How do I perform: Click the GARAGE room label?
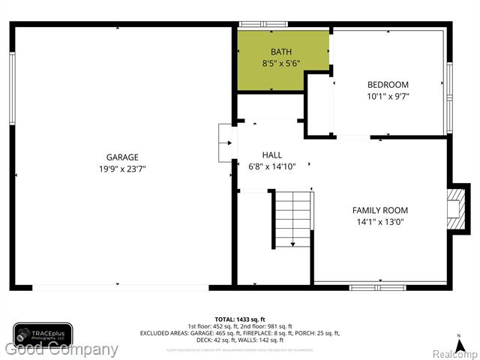122,157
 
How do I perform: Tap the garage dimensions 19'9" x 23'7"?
122,169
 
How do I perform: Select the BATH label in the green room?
281,52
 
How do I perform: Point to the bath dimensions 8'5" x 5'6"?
281,64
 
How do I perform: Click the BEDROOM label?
388,85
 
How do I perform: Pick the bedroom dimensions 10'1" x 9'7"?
388,96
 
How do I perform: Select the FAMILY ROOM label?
380,211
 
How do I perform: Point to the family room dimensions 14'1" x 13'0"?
380,223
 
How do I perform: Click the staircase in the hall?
292,219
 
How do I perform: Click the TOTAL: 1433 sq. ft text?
240,319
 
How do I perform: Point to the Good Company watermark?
60,349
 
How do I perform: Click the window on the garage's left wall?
12,88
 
